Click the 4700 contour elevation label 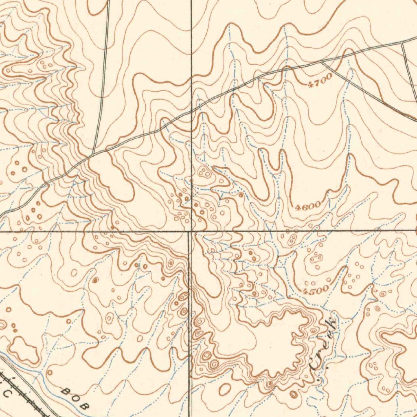pos(320,81)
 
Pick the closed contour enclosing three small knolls pos(203,173)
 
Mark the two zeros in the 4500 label pos(322,289)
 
